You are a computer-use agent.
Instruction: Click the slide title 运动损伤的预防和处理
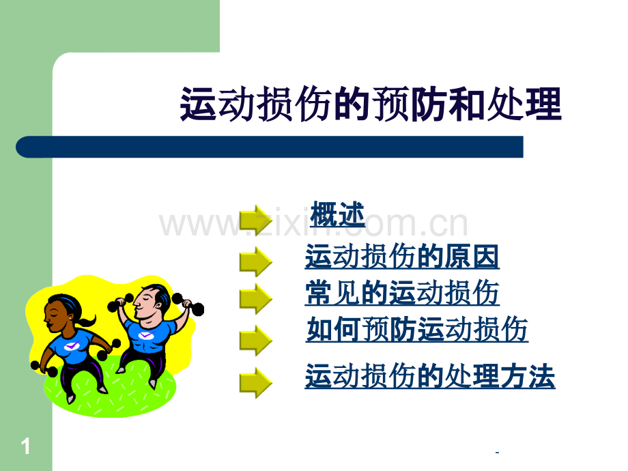pyautogui.click(x=371, y=105)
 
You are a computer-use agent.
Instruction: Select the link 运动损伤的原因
pyautogui.click(x=402, y=257)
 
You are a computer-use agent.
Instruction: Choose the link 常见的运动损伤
pyautogui.click(x=402, y=294)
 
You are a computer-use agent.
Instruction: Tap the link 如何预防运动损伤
pyautogui.click(x=417, y=330)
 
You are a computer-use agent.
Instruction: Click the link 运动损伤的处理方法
pyautogui.click(x=430, y=377)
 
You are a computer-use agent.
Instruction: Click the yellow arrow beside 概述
pyautogui.click(x=256, y=219)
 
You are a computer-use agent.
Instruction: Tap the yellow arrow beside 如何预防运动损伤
pyautogui.click(x=256, y=339)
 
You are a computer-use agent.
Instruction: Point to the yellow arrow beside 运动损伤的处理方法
pyautogui.click(x=256, y=382)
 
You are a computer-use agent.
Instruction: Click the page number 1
pyautogui.click(x=26, y=447)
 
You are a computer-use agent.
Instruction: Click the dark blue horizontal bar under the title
pyautogui.click(x=270, y=147)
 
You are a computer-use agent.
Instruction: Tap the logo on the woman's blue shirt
pyautogui.click(x=72, y=346)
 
